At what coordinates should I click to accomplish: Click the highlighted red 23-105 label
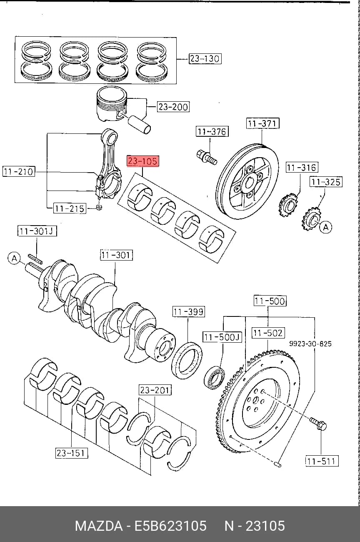[x=143, y=161]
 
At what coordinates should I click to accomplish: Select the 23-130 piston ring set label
[x=205, y=58]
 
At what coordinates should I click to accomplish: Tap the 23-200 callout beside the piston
[x=173, y=107]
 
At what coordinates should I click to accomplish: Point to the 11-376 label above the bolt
[x=212, y=131]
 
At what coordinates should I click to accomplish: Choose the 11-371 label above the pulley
[x=262, y=123]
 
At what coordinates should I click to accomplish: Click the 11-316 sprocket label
[x=302, y=168]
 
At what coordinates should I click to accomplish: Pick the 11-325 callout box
[x=326, y=182]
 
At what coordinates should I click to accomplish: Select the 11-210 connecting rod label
[x=19, y=171]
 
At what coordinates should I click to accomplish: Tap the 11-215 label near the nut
[x=70, y=208]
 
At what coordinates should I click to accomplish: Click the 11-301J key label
[x=37, y=231]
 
